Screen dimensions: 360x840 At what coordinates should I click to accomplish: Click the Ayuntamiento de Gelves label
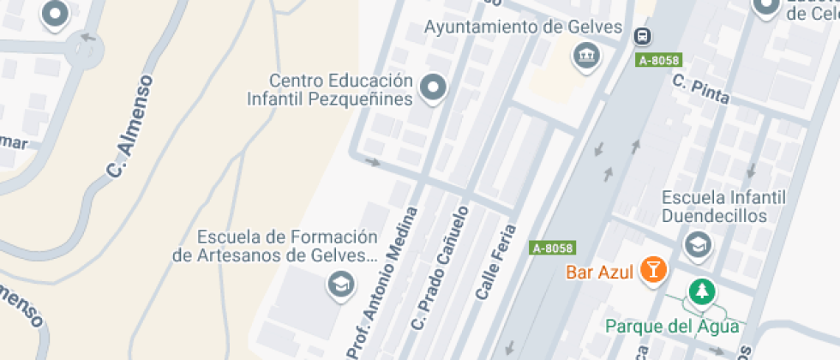tap(523, 27)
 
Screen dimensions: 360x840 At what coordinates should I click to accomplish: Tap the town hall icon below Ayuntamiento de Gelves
tap(587, 57)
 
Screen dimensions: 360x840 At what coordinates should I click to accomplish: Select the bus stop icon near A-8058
tap(642, 36)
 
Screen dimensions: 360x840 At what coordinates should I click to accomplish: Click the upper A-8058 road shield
tap(659, 60)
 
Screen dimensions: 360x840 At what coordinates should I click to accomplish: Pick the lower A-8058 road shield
tap(552, 248)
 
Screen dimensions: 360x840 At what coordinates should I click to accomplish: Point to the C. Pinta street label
tap(701, 89)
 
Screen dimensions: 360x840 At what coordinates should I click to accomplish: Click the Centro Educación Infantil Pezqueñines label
tap(341, 89)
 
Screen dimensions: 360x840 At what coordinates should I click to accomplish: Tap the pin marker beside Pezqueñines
tap(434, 87)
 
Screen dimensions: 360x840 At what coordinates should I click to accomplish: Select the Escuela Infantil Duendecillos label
tap(723, 207)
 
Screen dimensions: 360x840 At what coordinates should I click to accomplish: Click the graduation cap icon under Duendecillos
tap(699, 245)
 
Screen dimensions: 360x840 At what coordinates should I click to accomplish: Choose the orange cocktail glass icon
tap(654, 270)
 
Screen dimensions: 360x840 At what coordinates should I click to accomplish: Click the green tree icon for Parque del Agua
tap(702, 291)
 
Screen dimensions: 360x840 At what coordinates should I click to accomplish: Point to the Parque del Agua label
tap(672, 326)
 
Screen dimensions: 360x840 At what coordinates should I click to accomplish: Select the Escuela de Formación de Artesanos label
tap(275, 246)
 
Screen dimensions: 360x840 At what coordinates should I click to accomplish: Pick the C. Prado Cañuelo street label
tap(441, 268)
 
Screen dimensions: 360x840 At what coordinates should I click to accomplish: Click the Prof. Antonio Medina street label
tap(382, 283)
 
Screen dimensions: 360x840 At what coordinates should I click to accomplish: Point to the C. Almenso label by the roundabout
tap(132, 127)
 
